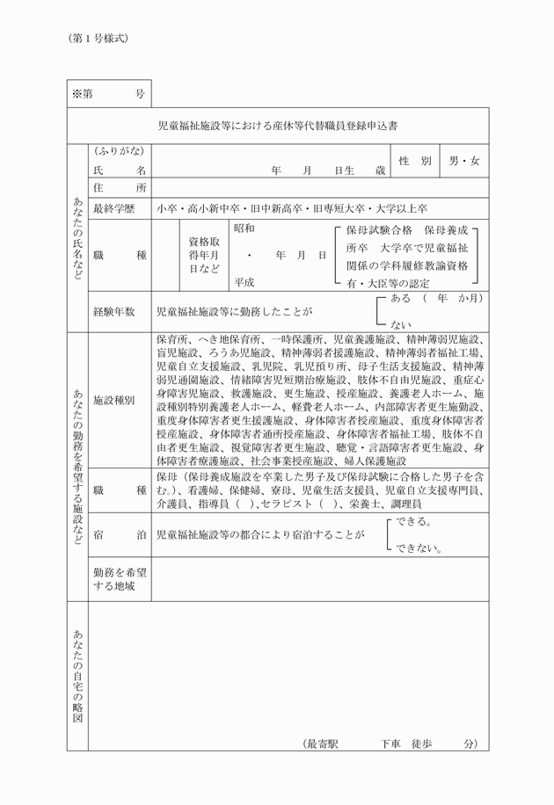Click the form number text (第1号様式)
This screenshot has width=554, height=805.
(98, 39)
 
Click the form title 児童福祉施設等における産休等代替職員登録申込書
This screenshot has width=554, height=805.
(277, 126)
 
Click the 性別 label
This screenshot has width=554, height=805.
(414, 162)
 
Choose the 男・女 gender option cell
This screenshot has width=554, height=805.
(464, 162)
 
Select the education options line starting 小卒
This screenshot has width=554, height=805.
(291, 209)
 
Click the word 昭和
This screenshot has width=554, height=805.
(244, 228)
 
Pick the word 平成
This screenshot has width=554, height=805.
(244, 282)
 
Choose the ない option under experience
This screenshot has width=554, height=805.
(401, 323)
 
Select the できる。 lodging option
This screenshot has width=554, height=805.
(412, 521)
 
